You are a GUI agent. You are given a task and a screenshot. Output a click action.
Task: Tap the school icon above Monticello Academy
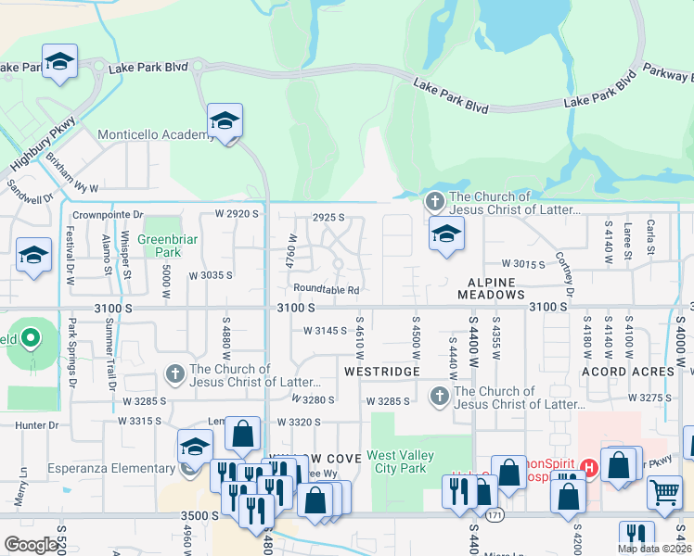224,122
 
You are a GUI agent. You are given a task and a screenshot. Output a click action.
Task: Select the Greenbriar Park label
159,246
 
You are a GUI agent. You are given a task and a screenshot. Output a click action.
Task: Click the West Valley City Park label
408,461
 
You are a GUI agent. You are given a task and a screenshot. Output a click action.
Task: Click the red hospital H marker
588,466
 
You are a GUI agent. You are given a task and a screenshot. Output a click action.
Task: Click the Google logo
31,545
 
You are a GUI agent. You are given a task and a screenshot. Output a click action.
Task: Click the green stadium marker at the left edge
30,339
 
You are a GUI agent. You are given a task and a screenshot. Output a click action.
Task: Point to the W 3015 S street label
523,264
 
